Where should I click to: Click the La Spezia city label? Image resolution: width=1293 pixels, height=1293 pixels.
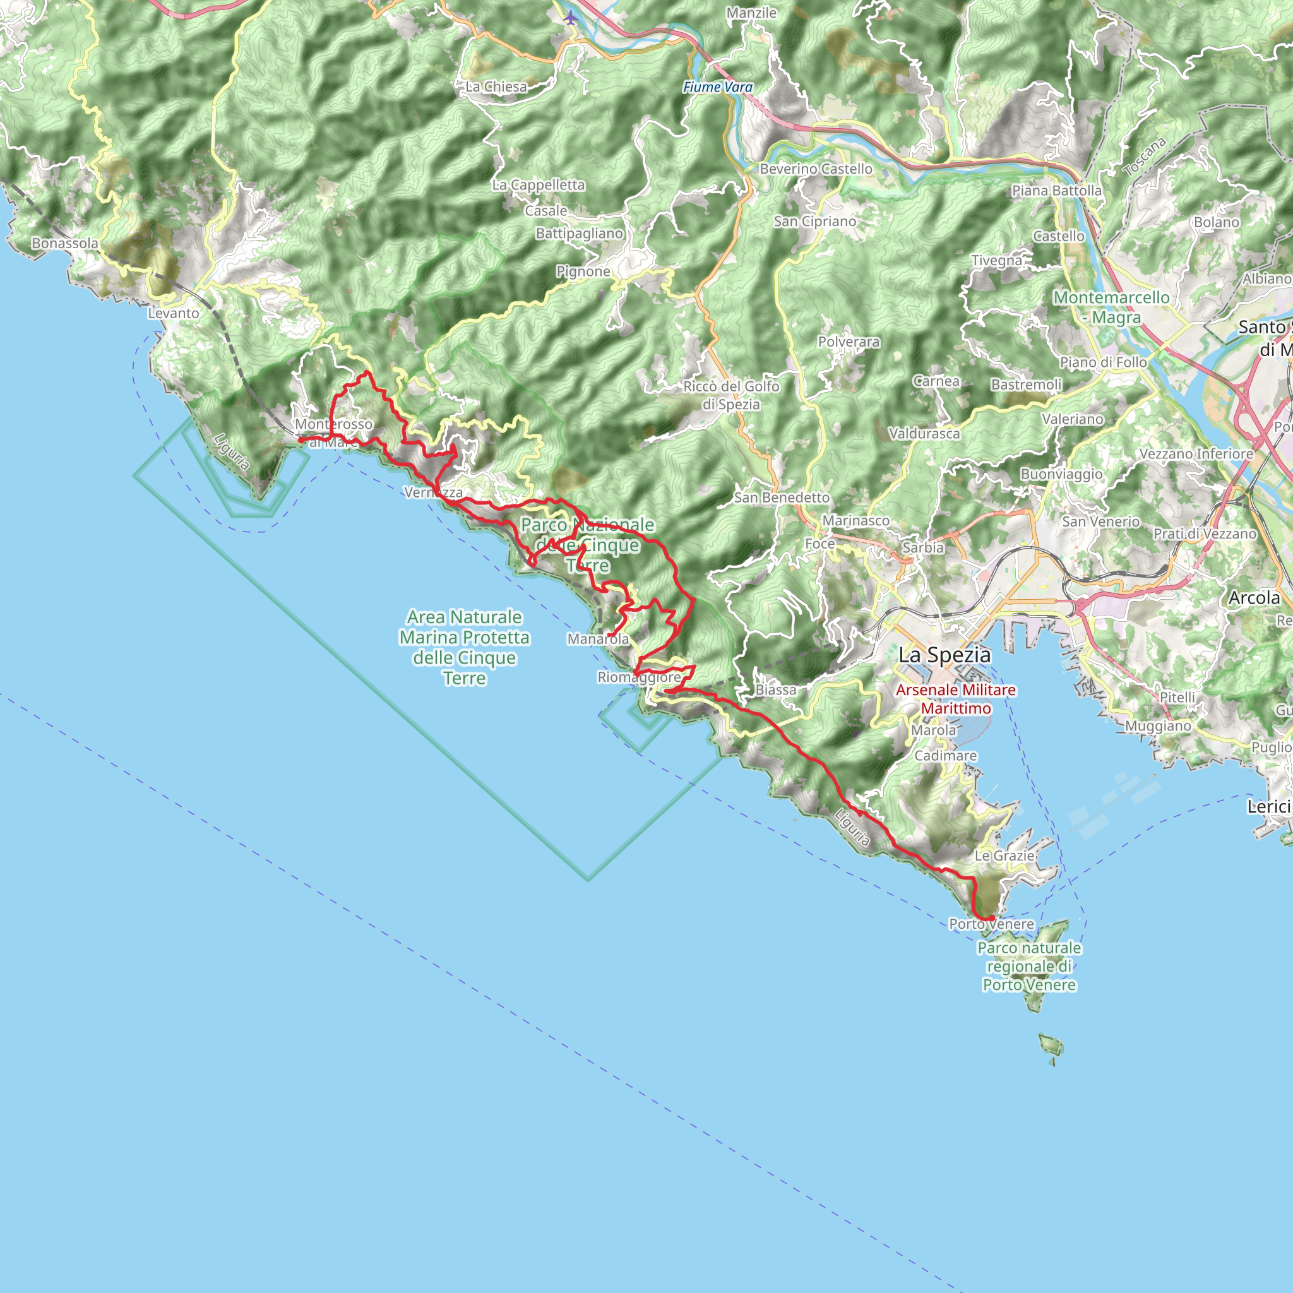coord(944,655)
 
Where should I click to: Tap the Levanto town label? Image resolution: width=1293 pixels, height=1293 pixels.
coord(174,313)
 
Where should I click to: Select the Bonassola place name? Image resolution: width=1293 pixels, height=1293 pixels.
coord(65,244)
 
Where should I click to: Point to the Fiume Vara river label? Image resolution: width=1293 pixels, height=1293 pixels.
coord(717,87)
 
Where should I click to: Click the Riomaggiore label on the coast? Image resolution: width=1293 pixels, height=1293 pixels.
coord(639,677)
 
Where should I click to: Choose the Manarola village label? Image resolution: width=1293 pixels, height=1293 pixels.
coord(598,639)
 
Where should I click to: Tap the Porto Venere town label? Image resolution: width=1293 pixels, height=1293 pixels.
coord(991,924)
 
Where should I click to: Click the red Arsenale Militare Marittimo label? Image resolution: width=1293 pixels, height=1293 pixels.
coord(956,699)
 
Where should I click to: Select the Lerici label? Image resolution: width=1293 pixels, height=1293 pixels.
coord(1268,807)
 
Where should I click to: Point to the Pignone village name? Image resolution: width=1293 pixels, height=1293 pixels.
coord(583,271)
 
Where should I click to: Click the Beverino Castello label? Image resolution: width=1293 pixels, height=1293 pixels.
coord(816,169)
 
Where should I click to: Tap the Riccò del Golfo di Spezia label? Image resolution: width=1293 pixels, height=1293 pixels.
coord(731,395)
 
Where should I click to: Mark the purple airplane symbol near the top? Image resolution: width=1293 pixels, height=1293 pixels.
coord(569,18)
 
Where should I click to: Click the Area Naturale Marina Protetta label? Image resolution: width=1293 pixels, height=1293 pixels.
coord(465,647)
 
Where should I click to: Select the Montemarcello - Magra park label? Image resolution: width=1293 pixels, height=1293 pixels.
coord(1112,307)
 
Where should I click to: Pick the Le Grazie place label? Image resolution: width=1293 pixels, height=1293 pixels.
coord(1004,856)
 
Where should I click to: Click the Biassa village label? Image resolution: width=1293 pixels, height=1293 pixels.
coord(776,689)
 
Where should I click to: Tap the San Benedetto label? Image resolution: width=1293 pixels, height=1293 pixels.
coord(782,498)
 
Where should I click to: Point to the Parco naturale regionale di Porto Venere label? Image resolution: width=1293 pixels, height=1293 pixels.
coord(1029,967)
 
